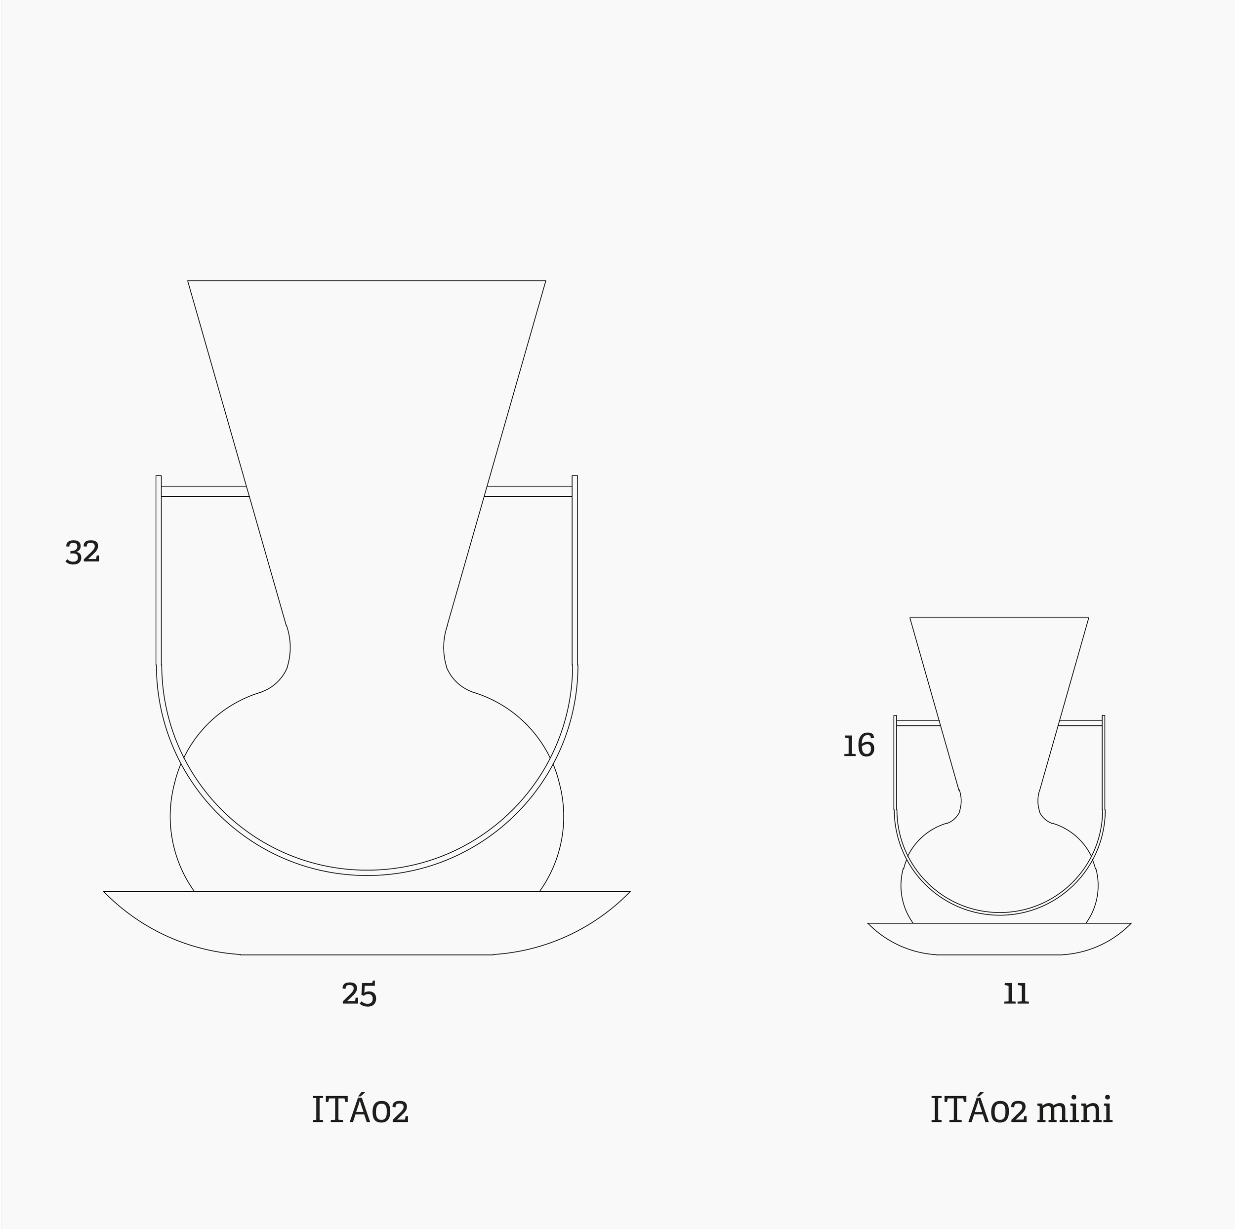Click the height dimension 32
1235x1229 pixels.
pyautogui.click(x=82, y=552)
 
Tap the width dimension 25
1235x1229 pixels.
pyautogui.click(x=359, y=994)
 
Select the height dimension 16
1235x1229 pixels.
pyautogui.click(x=859, y=746)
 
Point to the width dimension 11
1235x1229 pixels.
pyautogui.click(x=1016, y=994)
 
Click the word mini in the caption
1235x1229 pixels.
pyautogui.click(x=1074, y=1111)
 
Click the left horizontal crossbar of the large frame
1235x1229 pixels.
pyautogui.click(x=205, y=491)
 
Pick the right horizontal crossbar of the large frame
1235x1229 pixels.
pyautogui.click(x=529, y=491)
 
